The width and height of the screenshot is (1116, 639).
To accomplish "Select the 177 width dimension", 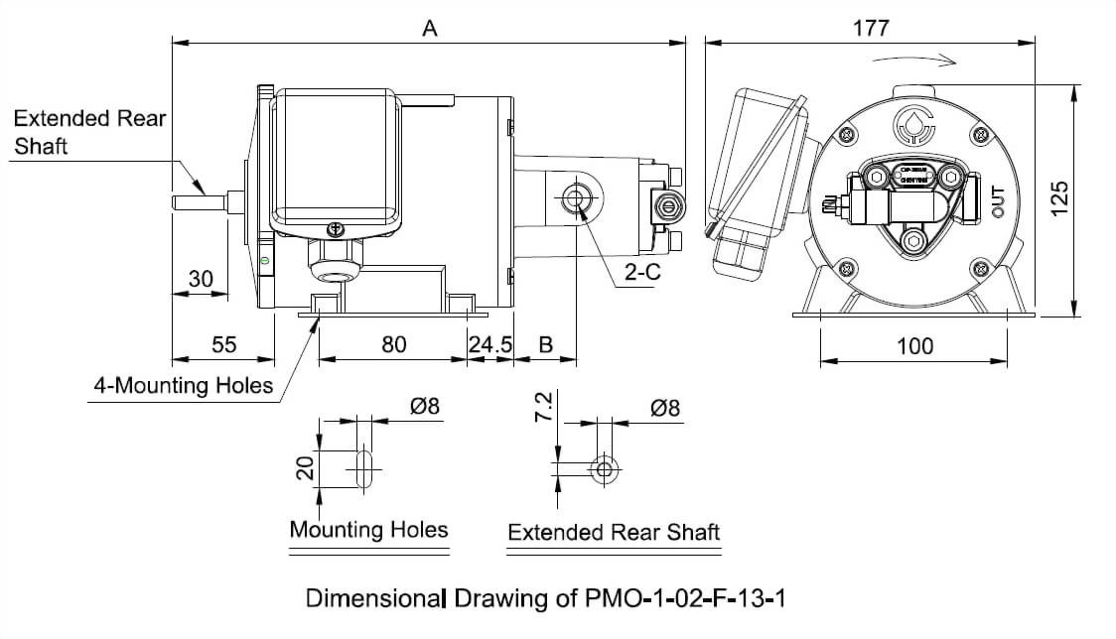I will pyautogui.click(x=871, y=28).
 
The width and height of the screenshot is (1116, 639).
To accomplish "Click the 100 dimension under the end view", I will pyautogui.click(x=914, y=345).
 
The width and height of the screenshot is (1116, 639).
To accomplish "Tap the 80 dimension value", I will pyautogui.click(x=393, y=344).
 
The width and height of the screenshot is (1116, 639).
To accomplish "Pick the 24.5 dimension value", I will pyautogui.click(x=490, y=344).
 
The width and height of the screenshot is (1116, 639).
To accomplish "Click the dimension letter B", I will pyautogui.click(x=545, y=344).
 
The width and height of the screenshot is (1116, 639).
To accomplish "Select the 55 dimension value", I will pyautogui.click(x=224, y=344).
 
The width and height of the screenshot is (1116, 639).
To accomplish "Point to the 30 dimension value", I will pyautogui.click(x=201, y=280).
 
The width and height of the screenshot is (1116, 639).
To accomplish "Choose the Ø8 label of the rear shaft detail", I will pyautogui.click(x=665, y=408).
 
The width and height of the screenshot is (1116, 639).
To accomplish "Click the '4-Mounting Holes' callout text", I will pyautogui.click(x=183, y=385).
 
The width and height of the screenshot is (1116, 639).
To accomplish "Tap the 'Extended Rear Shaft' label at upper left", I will pyautogui.click(x=89, y=131).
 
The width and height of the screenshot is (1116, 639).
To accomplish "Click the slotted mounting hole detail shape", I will pyautogui.click(x=363, y=465).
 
